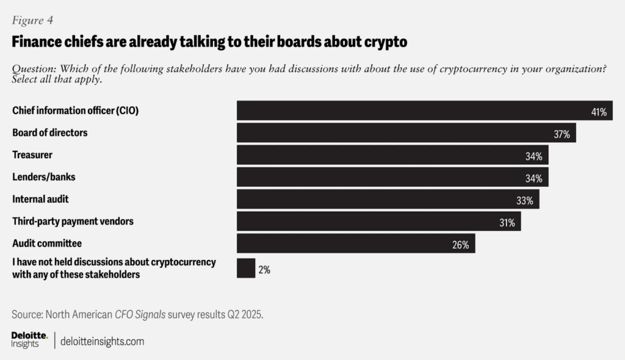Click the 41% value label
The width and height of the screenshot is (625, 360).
pyautogui.click(x=598, y=112)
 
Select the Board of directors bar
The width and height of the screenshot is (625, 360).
pyautogui.click(x=406, y=133)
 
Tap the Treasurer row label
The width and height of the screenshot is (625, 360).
pyautogui.click(x=32, y=155)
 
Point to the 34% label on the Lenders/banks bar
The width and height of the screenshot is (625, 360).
pyautogui.click(x=534, y=178)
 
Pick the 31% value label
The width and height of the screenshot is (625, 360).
pyautogui.click(x=507, y=223)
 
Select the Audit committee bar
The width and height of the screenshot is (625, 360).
pyautogui.click(x=355, y=243)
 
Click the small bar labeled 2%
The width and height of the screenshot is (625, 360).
pyautogui.click(x=245, y=268)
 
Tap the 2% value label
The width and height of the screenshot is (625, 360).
pyautogui.click(x=264, y=269)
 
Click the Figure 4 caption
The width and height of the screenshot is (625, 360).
pyautogui.click(x=32, y=20)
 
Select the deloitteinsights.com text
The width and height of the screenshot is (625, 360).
pyautogui.click(x=103, y=341)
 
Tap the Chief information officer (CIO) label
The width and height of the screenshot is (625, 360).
pyautogui.click(x=79, y=110)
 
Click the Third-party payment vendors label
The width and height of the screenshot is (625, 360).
pyautogui.click(x=73, y=221)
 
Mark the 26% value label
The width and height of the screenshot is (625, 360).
pyautogui.click(x=461, y=245)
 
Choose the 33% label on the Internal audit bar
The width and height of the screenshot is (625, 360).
pyautogui.click(x=524, y=200)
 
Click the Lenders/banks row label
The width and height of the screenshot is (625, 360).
pyautogui.click(x=43, y=177)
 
